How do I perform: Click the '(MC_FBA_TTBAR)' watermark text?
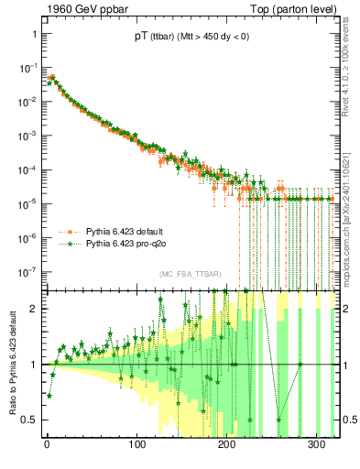pos(190,275)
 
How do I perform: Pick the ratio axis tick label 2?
pos(32,308)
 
